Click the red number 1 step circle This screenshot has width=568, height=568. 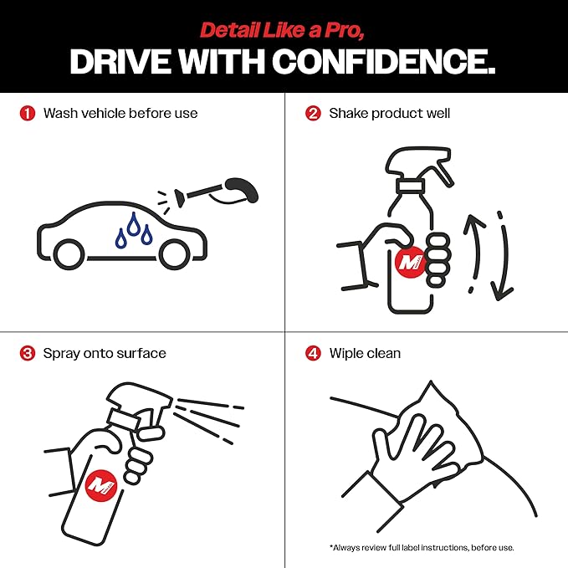28,114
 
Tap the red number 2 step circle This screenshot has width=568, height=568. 313,114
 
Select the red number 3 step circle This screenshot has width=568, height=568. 28,353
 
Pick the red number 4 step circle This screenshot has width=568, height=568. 313,353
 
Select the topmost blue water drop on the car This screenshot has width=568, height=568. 134,223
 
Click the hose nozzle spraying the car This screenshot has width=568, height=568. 180,198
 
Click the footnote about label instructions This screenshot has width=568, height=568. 422,547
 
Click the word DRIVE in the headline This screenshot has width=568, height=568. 120,61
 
